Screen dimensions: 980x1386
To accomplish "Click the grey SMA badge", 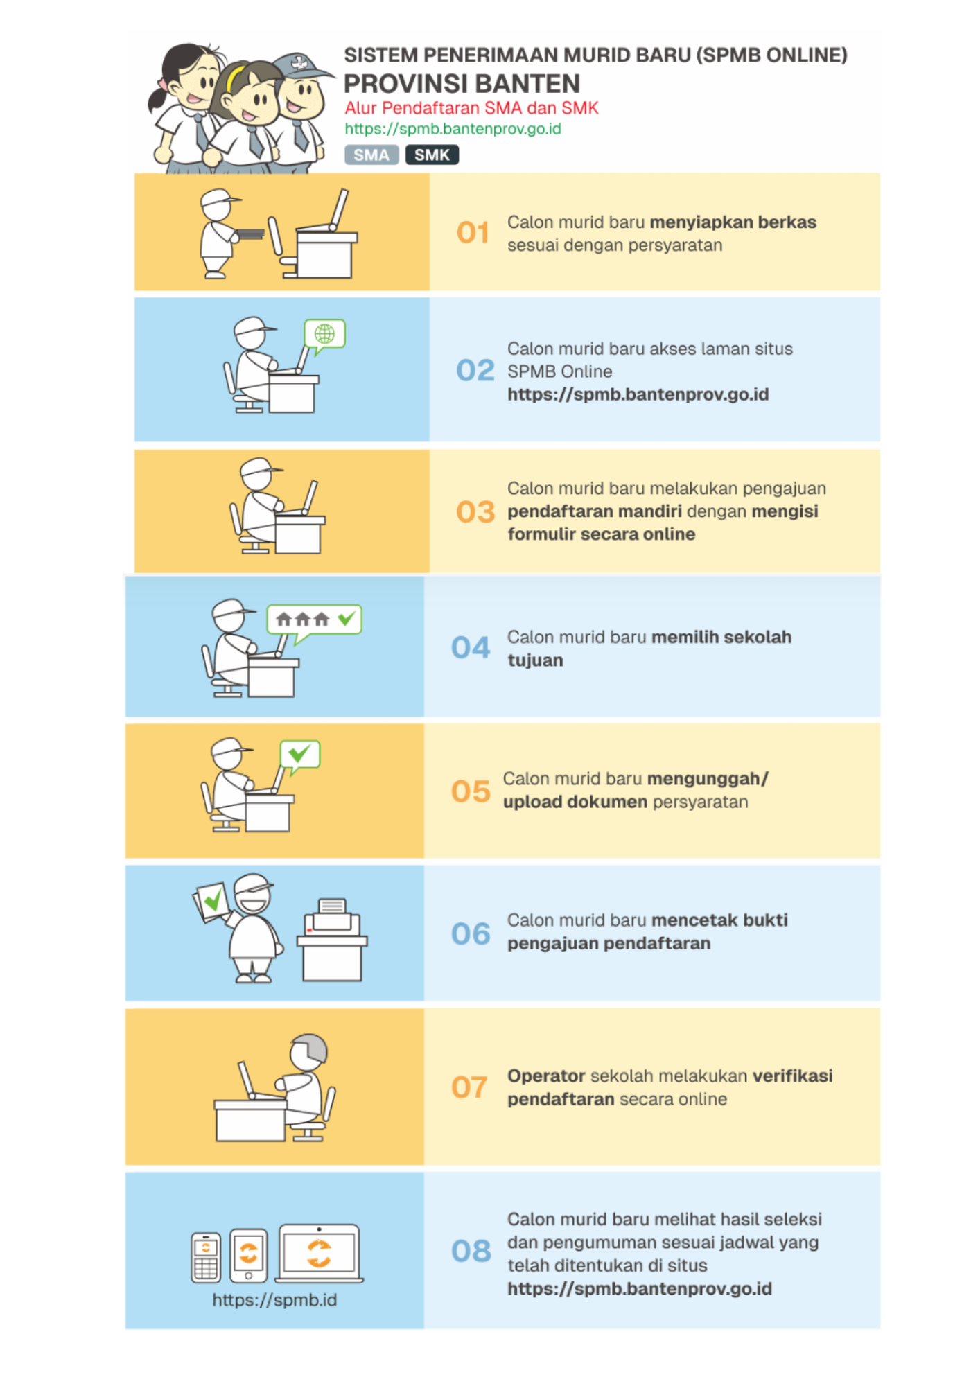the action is tap(371, 155).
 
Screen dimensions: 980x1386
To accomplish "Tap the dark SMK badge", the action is tap(432, 155).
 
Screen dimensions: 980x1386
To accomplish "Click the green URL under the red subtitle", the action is tap(453, 129).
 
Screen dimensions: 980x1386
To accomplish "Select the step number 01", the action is tap(473, 233).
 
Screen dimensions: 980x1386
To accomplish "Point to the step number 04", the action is tap(471, 648).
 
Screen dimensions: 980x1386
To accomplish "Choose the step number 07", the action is tap(469, 1087).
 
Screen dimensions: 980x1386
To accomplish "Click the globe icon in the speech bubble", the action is tap(324, 333).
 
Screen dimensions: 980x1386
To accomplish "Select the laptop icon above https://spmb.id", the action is tap(319, 1254).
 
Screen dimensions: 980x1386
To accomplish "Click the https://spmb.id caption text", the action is tap(274, 1300).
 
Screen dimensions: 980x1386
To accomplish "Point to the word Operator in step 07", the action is tap(546, 1076).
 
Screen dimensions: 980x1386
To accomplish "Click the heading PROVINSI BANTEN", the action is tap(462, 84).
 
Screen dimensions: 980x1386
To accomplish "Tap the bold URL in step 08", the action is tap(640, 1289).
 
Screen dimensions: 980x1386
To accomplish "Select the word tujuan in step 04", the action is tap(535, 660).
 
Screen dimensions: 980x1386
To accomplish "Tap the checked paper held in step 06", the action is tap(211, 902).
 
